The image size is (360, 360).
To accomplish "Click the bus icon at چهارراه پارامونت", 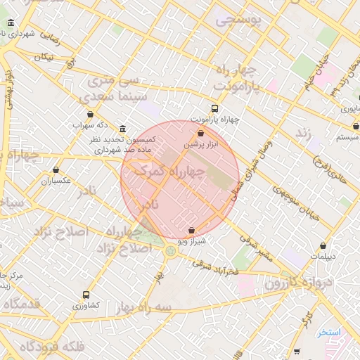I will pyautogui.click(x=214, y=109).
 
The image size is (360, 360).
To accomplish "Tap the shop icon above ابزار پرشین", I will pyautogui.click(x=201, y=133).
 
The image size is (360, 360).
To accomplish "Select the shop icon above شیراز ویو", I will pyautogui.click(x=192, y=230).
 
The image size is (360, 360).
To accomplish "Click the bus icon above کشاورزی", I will pyautogui.click(x=86, y=295).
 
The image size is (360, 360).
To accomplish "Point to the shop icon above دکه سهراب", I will pyautogui.click(x=90, y=115).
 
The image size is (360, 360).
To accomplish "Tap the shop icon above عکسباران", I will pyautogui.click(x=56, y=170).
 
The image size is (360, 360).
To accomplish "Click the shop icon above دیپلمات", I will pyautogui.click(x=323, y=245).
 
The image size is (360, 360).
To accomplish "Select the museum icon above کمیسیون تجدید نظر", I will pyautogui.click(x=123, y=129).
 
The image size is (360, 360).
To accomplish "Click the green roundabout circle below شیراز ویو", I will pyautogui.click(x=170, y=250).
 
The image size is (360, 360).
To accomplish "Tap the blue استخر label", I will pyautogui.click(x=328, y=333).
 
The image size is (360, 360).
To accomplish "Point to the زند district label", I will pyautogui.click(x=304, y=132).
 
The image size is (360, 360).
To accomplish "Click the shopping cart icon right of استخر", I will pyautogui.click(x=297, y=350).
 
